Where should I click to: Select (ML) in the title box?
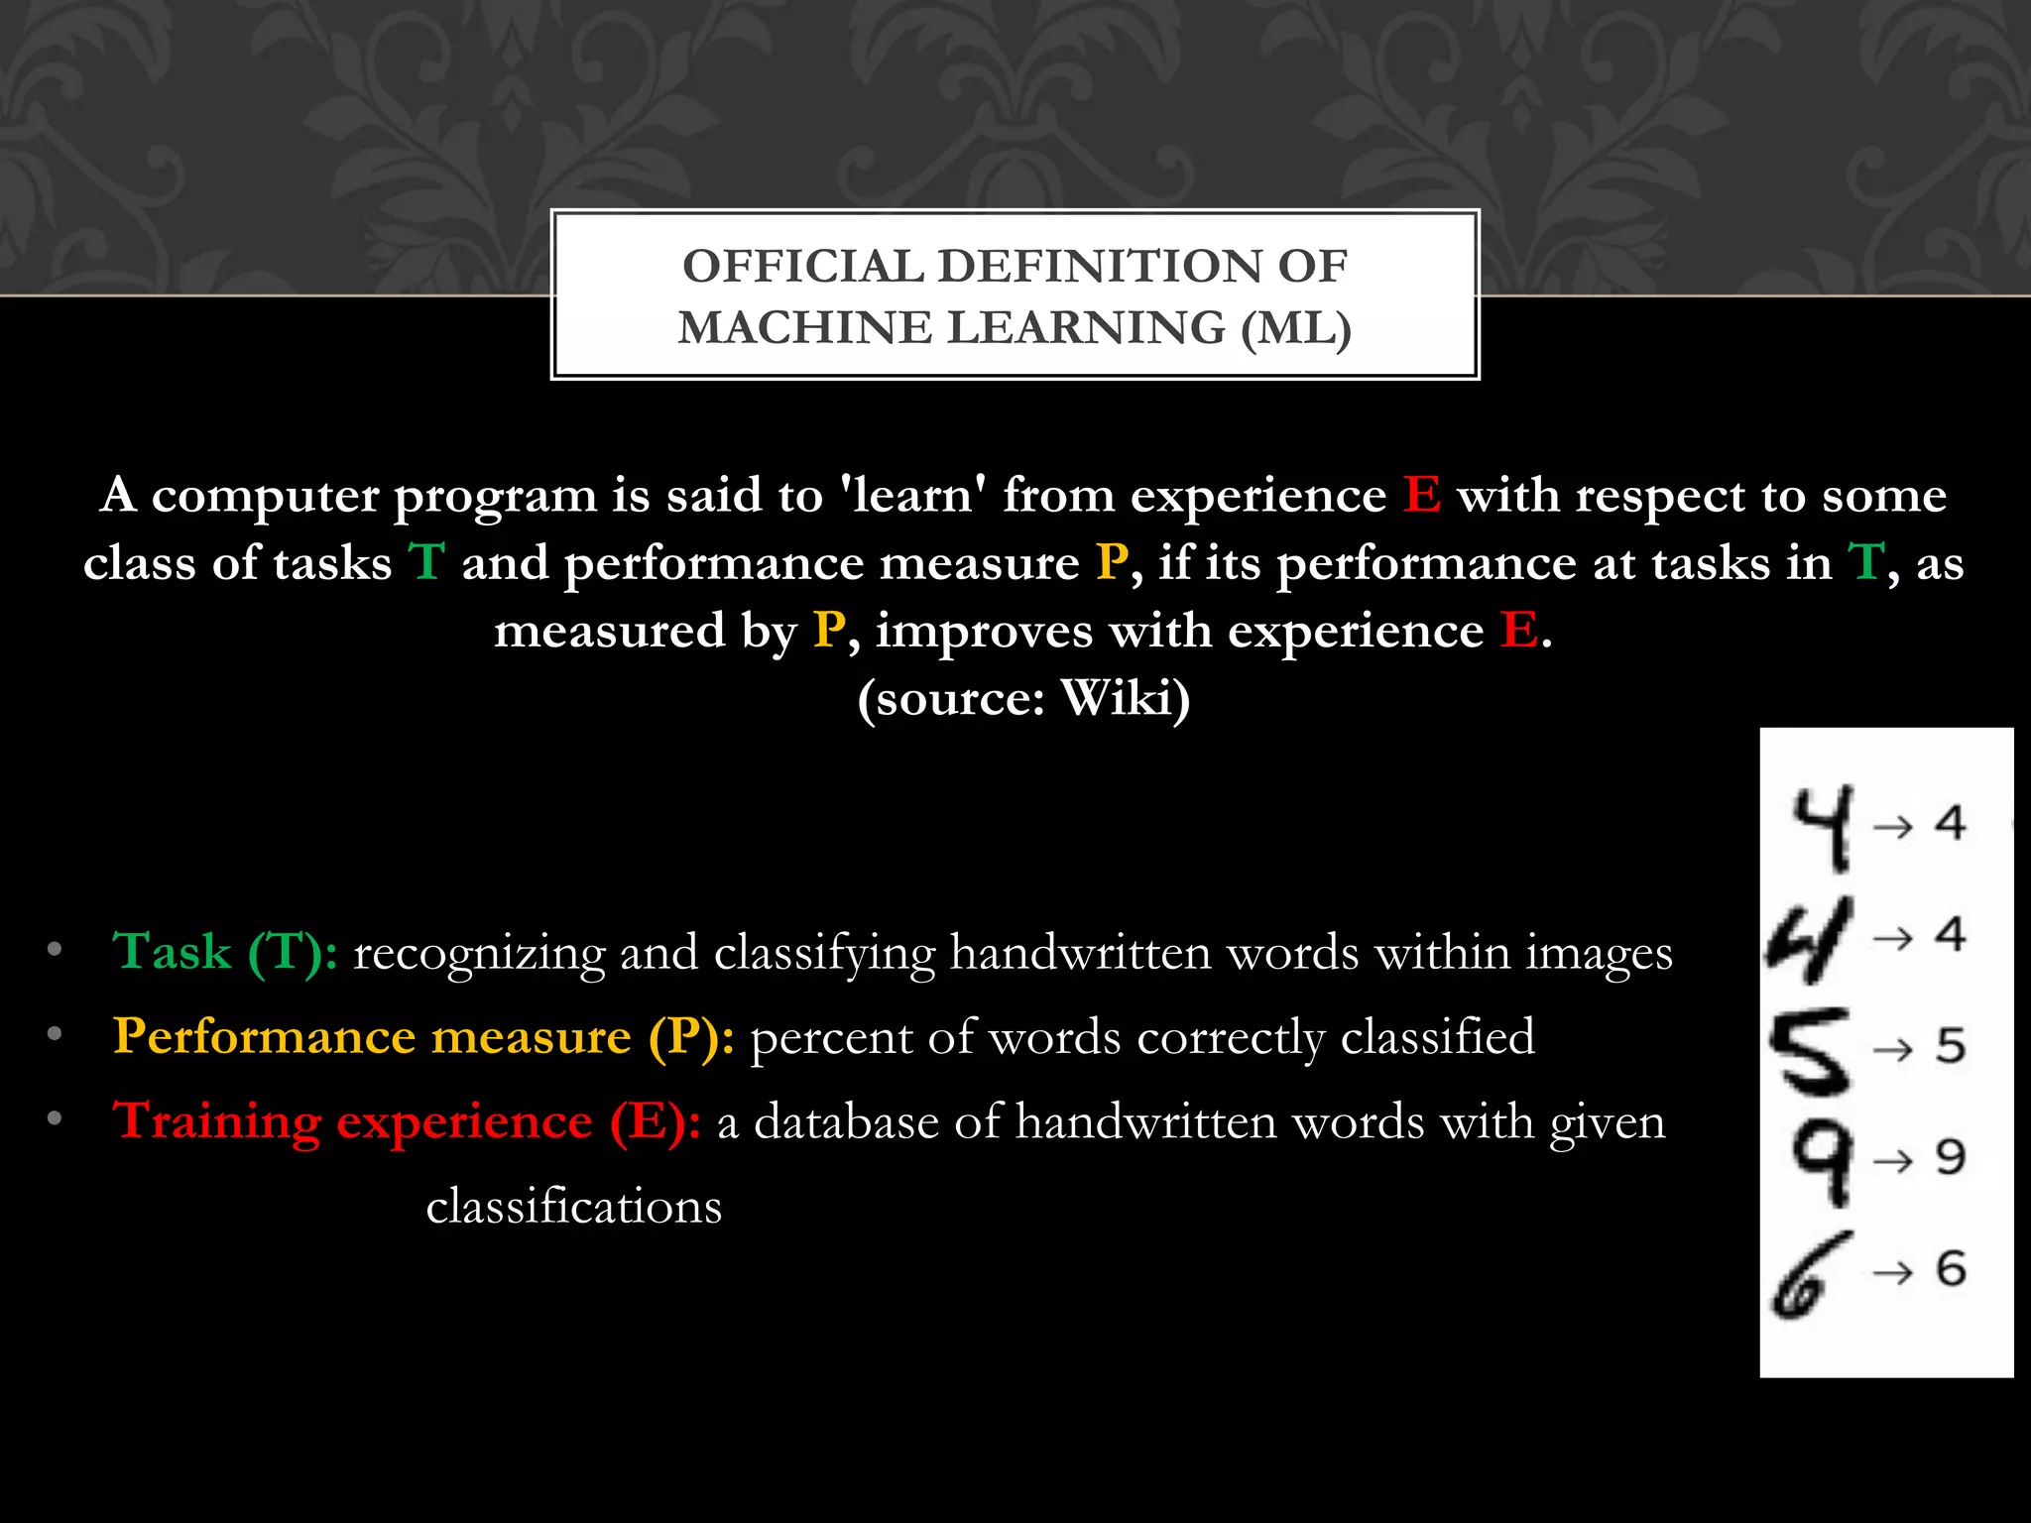tap(1296, 328)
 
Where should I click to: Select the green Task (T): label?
tap(225, 952)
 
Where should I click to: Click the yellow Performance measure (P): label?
tap(423, 1037)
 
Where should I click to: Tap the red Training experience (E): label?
tap(407, 1122)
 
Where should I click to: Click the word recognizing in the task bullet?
tap(479, 954)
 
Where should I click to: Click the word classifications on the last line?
tap(574, 1207)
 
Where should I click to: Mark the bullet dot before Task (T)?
tap(55, 951)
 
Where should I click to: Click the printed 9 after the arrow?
tap(1950, 1157)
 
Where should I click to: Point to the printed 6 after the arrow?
tap(1951, 1268)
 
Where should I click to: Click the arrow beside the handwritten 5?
tap(1892, 1049)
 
